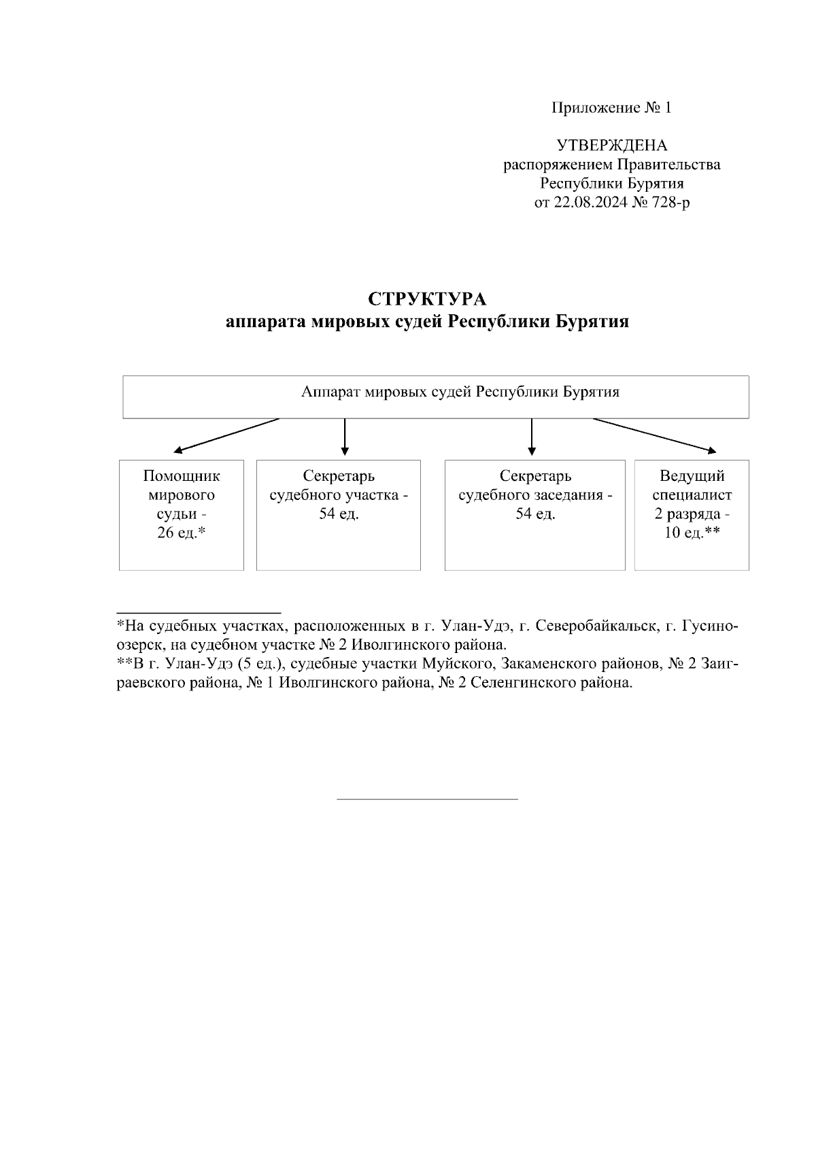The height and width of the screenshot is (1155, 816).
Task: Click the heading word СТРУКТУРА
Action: (428, 299)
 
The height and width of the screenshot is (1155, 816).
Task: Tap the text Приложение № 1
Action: (611, 107)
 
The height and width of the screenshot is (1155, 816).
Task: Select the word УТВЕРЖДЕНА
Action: (611, 146)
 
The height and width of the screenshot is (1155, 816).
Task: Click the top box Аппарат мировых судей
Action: (435, 397)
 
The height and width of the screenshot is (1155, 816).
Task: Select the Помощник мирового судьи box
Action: (182, 515)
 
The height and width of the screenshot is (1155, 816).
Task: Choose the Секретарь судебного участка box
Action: (339, 515)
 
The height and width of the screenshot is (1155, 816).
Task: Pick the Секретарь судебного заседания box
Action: (534, 515)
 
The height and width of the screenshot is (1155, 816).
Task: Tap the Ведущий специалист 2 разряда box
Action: (692, 515)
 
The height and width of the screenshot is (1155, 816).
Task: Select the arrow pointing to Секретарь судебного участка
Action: (345, 437)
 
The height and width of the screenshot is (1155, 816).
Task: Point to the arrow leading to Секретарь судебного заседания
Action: (532, 437)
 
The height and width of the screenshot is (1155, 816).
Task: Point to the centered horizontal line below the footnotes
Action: (427, 799)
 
